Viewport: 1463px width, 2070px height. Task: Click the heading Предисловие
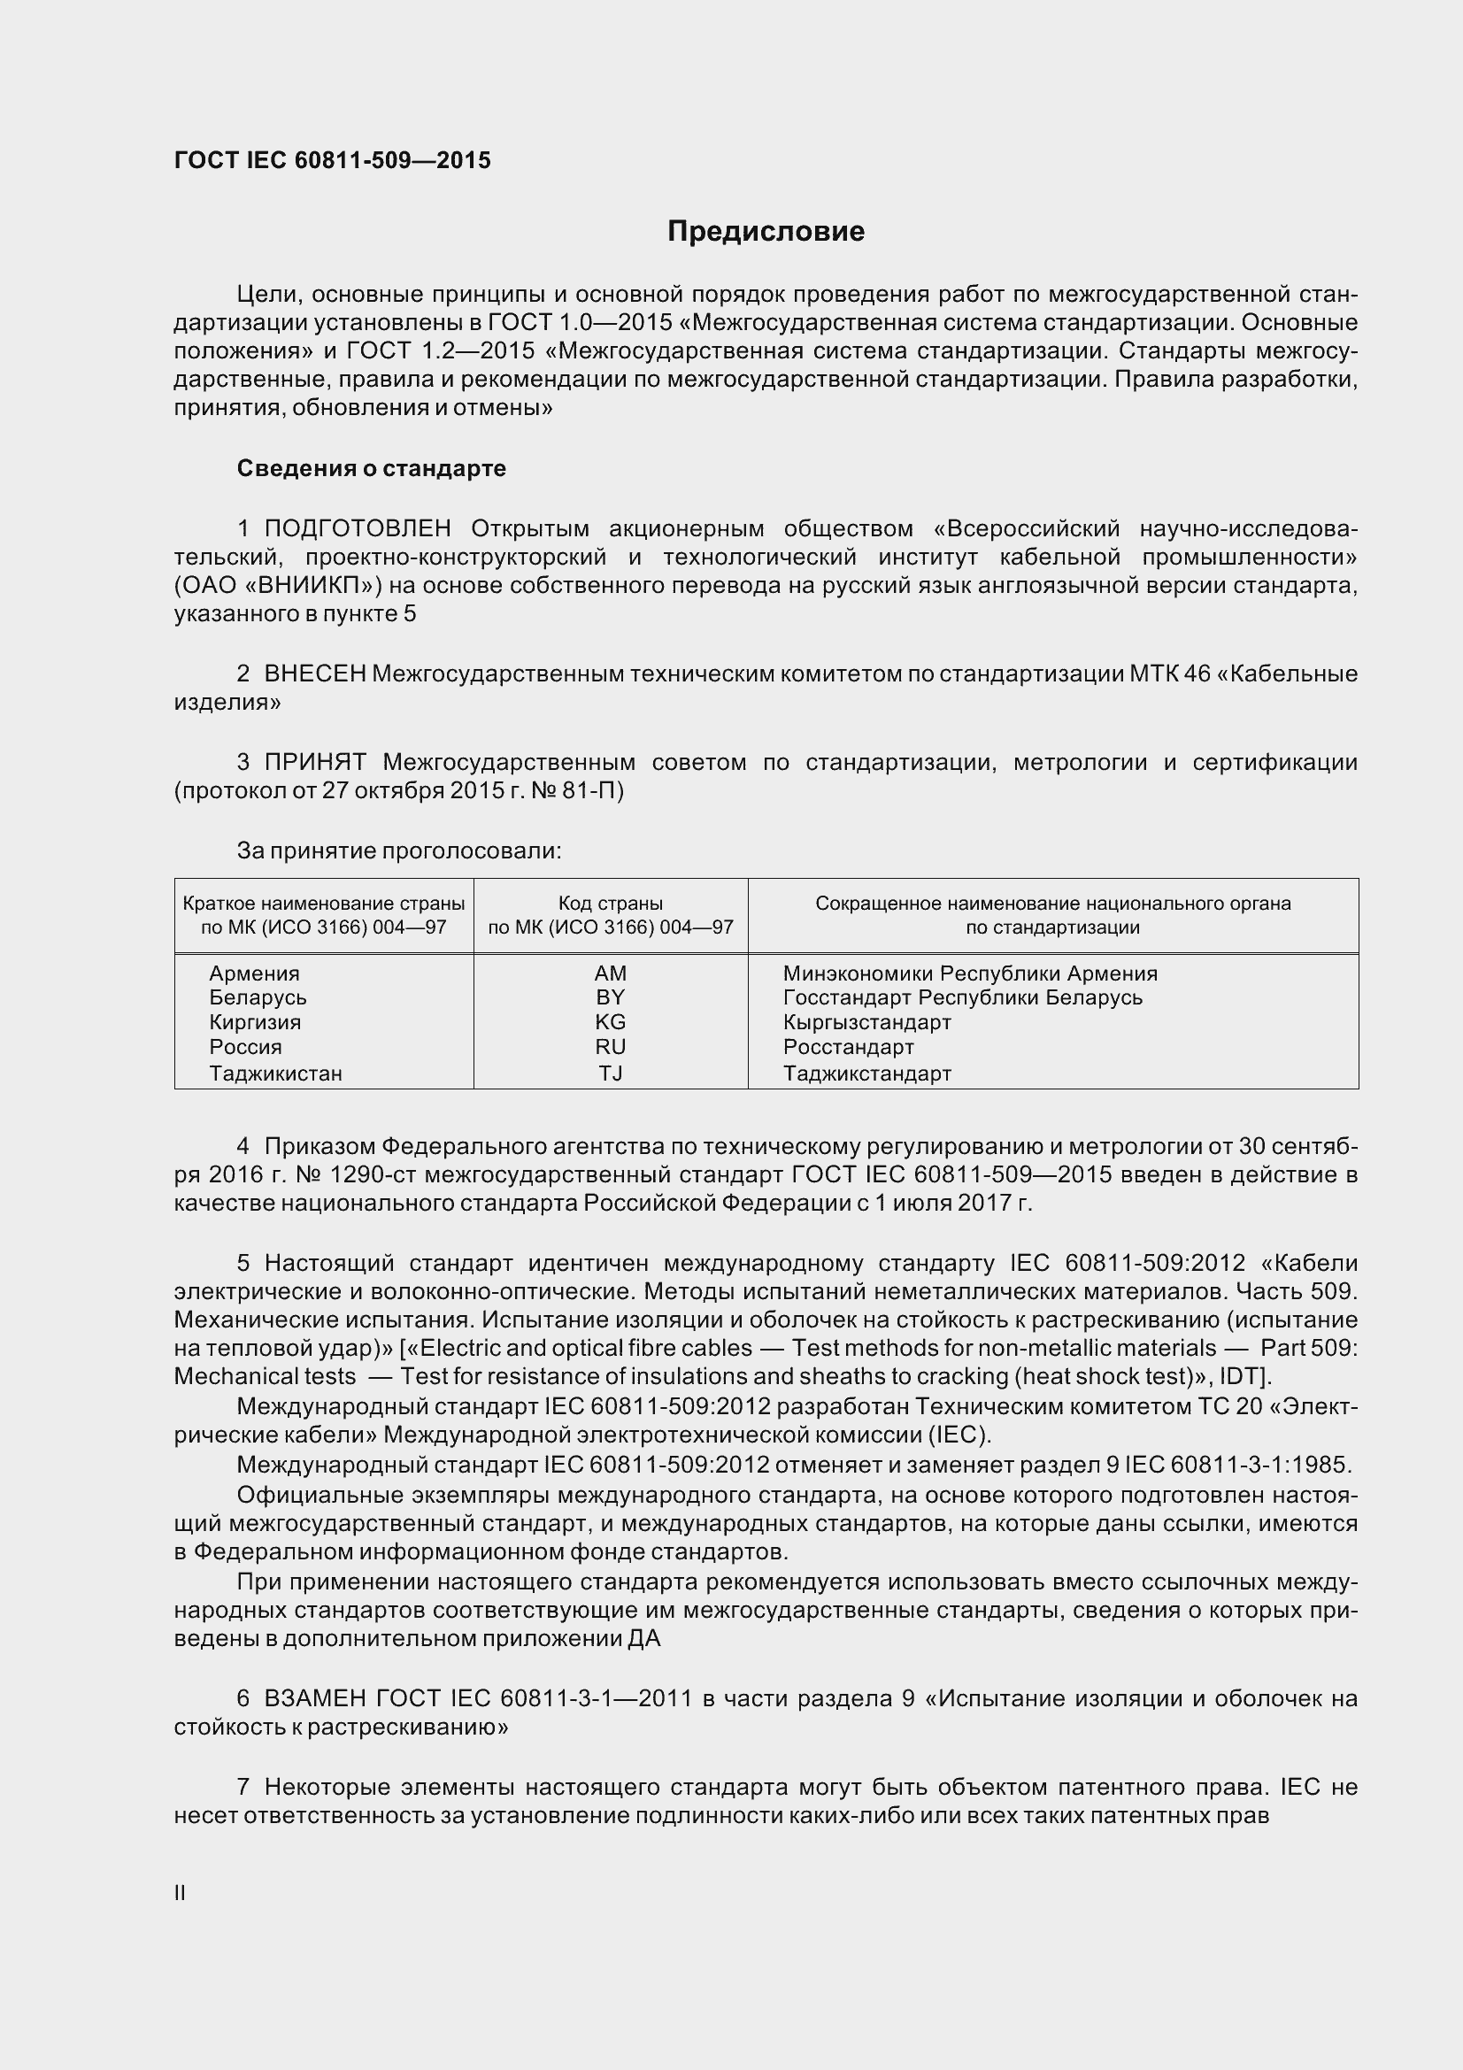pyautogui.click(x=766, y=232)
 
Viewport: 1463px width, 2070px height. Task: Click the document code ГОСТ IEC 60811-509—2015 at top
pyautogui.click(x=332, y=160)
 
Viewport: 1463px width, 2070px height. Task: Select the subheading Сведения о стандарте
pyautogui.click(x=371, y=469)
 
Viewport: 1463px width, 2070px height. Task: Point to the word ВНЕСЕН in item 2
pyautogui.click(x=314, y=673)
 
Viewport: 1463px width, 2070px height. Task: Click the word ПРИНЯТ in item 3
pyautogui.click(x=314, y=762)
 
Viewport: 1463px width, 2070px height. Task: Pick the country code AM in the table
pyautogui.click(x=611, y=973)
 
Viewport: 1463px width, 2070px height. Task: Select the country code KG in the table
pyautogui.click(x=611, y=1022)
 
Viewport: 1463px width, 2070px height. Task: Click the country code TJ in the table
pyautogui.click(x=611, y=1073)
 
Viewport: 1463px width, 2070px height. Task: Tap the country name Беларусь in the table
pyautogui.click(x=258, y=998)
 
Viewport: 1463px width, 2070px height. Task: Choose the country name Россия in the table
pyautogui.click(x=245, y=1048)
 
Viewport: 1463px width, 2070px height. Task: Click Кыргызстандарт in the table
pyautogui.click(x=866, y=1022)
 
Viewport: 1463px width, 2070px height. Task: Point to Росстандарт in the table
pyautogui.click(x=848, y=1048)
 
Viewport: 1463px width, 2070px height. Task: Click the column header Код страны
pyautogui.click(x=611, y=904)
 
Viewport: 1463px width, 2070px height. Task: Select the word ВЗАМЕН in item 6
pyautogui.click(x=314, y=1698)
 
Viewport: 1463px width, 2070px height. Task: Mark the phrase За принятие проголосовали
pyautogui.click(x=398, y=850)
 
